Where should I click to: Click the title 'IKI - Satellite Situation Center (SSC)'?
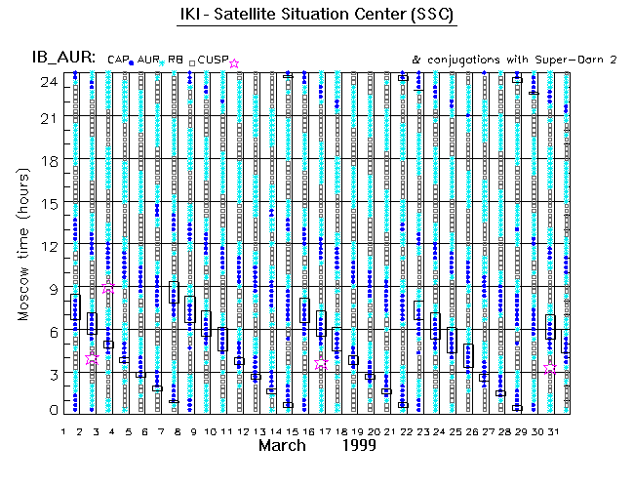tap(317, 17)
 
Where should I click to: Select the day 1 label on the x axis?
tap(63, 430)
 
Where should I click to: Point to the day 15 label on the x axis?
tap(290, 430)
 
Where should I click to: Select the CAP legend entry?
tap(117, 61)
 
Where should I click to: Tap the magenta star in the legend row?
tap(233, 63)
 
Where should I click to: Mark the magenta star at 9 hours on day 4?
tap(108, 289)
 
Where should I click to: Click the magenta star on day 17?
tap(322, 360)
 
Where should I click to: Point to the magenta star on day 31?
tap(550, 369)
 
